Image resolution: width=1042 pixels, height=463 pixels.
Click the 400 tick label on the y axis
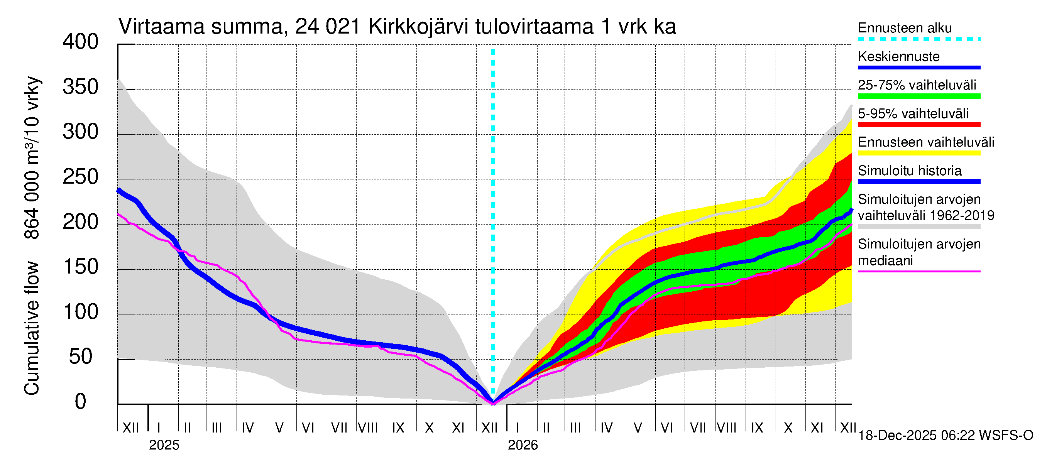point(81,42)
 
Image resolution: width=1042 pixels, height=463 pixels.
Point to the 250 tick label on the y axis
point(81,177)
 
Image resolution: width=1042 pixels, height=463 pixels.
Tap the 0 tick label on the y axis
point(81,402)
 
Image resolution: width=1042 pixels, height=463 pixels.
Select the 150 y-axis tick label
point(81,267)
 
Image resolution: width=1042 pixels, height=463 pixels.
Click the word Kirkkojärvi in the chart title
point(418,27)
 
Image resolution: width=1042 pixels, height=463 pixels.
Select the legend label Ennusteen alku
point(905,28)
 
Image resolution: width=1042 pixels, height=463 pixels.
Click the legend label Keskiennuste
point(899,56)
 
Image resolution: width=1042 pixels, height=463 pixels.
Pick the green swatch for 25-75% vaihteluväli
point(919,96)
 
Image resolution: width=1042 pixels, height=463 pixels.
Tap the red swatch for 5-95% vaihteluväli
point(919,125)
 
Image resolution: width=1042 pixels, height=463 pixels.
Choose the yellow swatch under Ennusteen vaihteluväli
point(919,153)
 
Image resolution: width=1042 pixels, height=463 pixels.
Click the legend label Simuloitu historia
point(910,171)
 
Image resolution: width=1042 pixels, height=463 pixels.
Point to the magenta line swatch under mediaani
point(919,271)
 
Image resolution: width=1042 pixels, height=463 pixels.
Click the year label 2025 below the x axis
point(164,445)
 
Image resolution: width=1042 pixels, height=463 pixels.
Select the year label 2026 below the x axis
point(523,445)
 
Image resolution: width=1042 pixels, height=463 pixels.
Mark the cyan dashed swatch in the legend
point(919,39)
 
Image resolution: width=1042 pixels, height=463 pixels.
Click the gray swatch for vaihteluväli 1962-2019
point(919,227)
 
